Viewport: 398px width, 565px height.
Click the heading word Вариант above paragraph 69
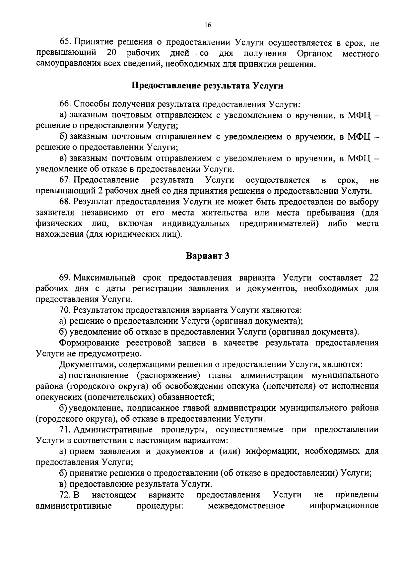point(202,256)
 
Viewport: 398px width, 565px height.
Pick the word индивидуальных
point(196,223)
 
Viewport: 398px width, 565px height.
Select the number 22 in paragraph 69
point(373,278)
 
